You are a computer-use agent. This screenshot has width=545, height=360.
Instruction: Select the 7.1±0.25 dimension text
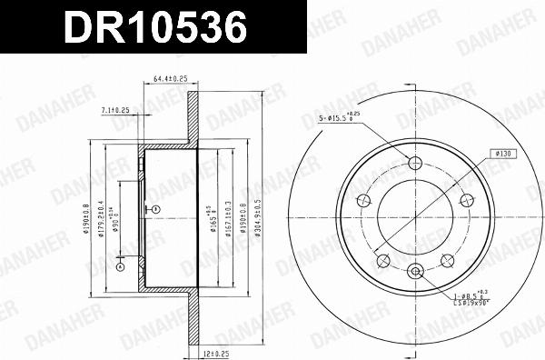pyautogui.click(x=114, y=110)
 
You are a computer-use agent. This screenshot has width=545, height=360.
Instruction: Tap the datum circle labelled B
pyautogui.click(x=155, y=210)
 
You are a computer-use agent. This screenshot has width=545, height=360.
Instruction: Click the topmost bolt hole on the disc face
pyautogui.click(x=416, y=164)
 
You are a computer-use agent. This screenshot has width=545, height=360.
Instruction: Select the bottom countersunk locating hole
pyautogui.click(x=416, y=269)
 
